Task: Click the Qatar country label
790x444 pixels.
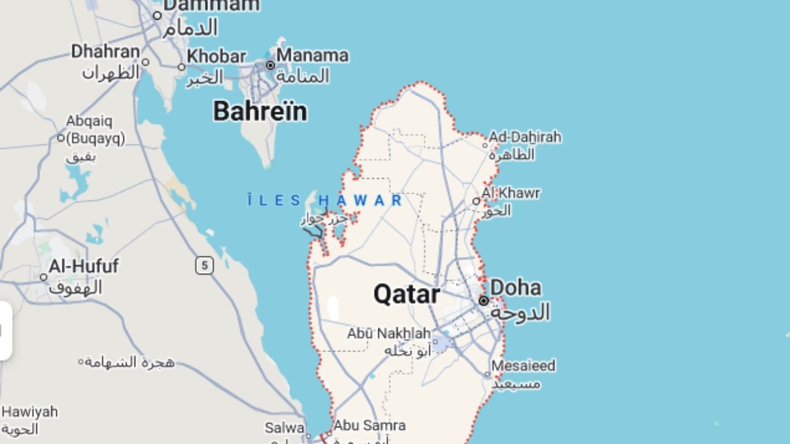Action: (x=406, y=294)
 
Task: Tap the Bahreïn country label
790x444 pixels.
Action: (x=260, y=112)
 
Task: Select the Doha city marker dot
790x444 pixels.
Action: (x=484, y=301)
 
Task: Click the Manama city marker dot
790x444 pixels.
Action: (x=270, y=65)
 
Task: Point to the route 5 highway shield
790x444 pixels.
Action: (x=204, y=266)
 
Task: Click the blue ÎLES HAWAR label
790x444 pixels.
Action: (x=325, y=200)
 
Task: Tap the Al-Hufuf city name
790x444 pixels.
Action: (x=83, y=266)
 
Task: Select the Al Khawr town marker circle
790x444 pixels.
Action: (x=476, y=201)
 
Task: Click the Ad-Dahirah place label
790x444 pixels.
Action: (x=525, y=137)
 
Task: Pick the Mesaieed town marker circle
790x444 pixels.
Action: (x=487, y=374)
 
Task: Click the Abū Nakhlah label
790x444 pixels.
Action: (x=388, y=334)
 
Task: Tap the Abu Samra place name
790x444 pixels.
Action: (x=369, y=425)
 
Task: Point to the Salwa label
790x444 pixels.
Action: (x=285, y=427)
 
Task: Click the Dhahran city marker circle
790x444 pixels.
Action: (x=146, y=62)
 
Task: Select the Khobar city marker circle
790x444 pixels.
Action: (x=181, y=67)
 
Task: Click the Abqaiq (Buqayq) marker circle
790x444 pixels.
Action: (x=61, y=138)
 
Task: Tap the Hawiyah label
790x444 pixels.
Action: (x=29, y=411)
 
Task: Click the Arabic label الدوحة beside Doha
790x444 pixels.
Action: (x=520, y=312)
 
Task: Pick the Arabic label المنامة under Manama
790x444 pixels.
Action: (x=302, y=76)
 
